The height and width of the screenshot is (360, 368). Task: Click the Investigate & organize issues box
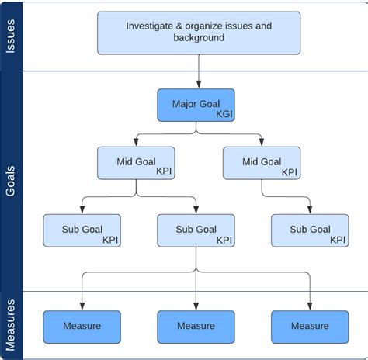(199, 32)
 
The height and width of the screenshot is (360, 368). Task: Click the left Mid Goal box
(136, 164)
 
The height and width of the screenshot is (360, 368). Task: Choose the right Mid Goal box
(262, 164)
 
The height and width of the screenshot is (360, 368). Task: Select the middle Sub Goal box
(196, 230)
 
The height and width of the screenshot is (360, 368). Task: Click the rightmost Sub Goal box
(309, 230)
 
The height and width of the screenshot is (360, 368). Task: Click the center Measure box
(196, 327)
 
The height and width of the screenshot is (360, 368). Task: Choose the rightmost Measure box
(309, 327)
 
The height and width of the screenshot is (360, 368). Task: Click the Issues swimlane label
(11, 36)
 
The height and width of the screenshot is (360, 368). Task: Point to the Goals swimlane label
(11, 180)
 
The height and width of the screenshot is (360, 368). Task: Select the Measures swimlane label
(11, 325)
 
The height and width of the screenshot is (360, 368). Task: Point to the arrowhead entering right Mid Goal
(262, 143)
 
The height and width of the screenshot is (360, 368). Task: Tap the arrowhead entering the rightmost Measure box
(309, 306)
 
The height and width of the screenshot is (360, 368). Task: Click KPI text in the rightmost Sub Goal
(336, 240)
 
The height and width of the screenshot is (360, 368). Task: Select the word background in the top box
(199, 38)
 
